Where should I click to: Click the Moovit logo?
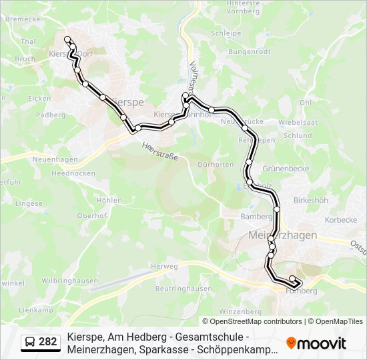pos(316,343)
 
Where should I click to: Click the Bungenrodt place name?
pos(249,51)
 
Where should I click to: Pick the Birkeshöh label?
pos(310,200)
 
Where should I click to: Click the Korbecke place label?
pos(340,219)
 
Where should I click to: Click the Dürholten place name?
pos(216,164)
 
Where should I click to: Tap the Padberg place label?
pos(51,115)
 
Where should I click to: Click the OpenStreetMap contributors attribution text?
pos(252,321)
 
